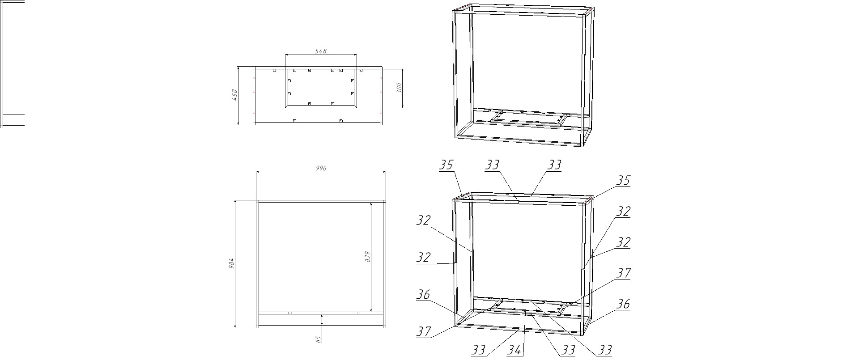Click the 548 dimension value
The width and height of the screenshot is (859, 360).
point(321,51)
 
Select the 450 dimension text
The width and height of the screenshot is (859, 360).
point(234,95)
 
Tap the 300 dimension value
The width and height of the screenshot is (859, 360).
point(400,88)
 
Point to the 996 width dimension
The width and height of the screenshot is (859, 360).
point(321,168)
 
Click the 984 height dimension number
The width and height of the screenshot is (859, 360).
point(231,264)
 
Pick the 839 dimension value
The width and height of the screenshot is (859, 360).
point(368,256)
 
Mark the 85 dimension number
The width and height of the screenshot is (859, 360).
point(319,339)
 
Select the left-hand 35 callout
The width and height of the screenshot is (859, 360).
point(446,165)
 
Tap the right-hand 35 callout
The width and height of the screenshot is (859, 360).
point(623,181)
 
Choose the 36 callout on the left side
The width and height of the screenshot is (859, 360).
point(423,294)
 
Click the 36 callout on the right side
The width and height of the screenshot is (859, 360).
point(623,304)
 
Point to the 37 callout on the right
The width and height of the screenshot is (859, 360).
point(623,273)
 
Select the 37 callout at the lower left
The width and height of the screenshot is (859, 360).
point(424,331)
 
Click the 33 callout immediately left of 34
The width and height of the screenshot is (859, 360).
point(479,350)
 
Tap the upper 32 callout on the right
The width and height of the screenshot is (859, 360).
point(623,211)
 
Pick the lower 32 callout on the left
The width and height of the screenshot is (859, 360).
point(423,257)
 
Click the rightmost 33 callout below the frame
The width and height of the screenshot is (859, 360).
point(604,350)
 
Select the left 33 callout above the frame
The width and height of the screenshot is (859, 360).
point(492,165)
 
